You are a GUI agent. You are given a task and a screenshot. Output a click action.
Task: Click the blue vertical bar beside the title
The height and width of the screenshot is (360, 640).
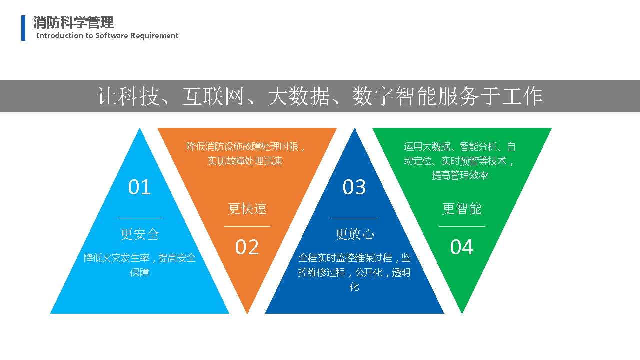point(23,28)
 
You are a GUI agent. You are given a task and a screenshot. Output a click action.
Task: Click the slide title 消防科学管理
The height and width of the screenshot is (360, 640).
point(73,23)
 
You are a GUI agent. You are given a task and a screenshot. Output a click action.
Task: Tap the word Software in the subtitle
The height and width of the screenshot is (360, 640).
point(111,35)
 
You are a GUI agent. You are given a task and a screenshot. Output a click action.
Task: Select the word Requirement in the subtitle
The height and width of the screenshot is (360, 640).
point(154,36)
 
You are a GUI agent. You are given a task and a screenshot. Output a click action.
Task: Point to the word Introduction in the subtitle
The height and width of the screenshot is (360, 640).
point(60,35)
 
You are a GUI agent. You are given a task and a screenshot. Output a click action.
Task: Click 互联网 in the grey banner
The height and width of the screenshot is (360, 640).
point(213,96)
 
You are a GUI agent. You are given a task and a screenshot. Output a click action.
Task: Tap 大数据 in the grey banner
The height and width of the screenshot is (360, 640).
point(298,96)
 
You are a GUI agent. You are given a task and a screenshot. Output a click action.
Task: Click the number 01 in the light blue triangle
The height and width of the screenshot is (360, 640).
point(139,187)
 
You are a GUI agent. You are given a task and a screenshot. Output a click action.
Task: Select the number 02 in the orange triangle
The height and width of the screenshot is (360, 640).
point(247,247)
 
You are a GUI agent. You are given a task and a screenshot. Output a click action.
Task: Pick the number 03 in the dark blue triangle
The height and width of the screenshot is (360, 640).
point(354,187)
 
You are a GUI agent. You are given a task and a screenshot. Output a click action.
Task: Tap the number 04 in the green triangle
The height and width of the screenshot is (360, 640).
point(462,247)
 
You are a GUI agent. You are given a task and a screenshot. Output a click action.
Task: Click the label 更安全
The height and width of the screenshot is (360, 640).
point(139,234)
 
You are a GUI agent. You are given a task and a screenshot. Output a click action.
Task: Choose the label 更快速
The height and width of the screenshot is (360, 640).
point(247,209)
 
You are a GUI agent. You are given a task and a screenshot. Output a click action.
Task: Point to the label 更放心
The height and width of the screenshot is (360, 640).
point(354,234)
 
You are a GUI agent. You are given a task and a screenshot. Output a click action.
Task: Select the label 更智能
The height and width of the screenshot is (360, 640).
point(462,209)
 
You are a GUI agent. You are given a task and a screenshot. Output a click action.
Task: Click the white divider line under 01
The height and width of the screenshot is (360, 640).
point(140,218)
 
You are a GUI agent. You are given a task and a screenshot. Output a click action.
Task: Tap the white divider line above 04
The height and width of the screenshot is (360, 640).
point(462,227)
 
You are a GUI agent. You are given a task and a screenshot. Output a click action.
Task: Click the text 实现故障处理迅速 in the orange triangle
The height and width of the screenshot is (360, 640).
point(245,161)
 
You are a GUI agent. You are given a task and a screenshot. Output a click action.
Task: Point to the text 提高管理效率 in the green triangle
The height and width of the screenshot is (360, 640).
point(460,175)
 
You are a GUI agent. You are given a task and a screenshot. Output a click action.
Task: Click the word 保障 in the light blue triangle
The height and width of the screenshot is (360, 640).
point(140,273)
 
